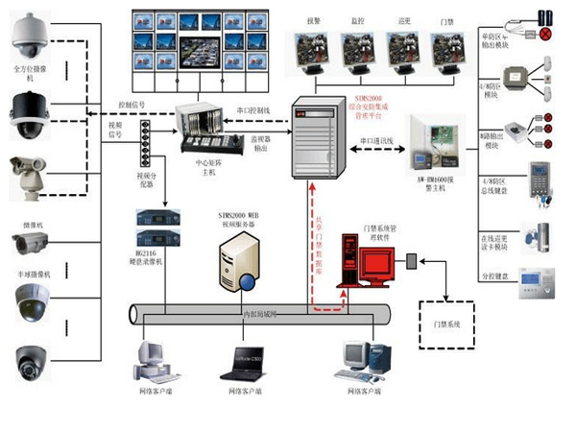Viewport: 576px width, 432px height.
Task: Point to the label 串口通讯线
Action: coord(377,140)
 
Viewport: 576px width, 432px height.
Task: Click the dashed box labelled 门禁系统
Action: coord(447,324)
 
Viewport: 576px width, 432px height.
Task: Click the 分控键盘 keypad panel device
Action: coord(536,280)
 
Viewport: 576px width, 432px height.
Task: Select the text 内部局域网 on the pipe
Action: coord(262,313)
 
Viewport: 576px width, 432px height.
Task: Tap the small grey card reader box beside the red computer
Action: coord(410,260)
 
